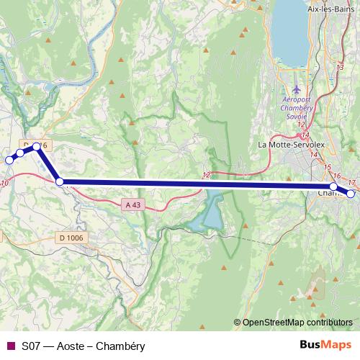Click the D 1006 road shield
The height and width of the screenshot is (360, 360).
[x=71, y=238]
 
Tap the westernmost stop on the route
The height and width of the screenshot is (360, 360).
[x=9, y=160]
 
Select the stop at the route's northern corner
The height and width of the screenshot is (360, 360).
[x=36, y=147]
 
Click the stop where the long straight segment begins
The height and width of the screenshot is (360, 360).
[x=60, y=182]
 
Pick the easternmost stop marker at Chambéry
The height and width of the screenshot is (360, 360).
[x=351, y=193]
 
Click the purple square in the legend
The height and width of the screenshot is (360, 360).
[x=10, y=346]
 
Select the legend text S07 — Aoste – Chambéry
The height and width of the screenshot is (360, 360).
[x=83, y=346]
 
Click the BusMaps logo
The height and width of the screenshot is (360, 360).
[x=325, y=346]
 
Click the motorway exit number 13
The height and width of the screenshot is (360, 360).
[x=341, y=67]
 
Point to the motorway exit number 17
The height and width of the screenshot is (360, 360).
[x=352, y=181]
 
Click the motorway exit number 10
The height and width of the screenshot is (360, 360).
[x=5, y=184]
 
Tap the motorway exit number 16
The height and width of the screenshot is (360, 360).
[x=336, y=176]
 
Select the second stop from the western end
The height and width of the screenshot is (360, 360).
[x=21, y=153]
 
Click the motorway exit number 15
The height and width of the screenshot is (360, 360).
[x=328, y=168]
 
